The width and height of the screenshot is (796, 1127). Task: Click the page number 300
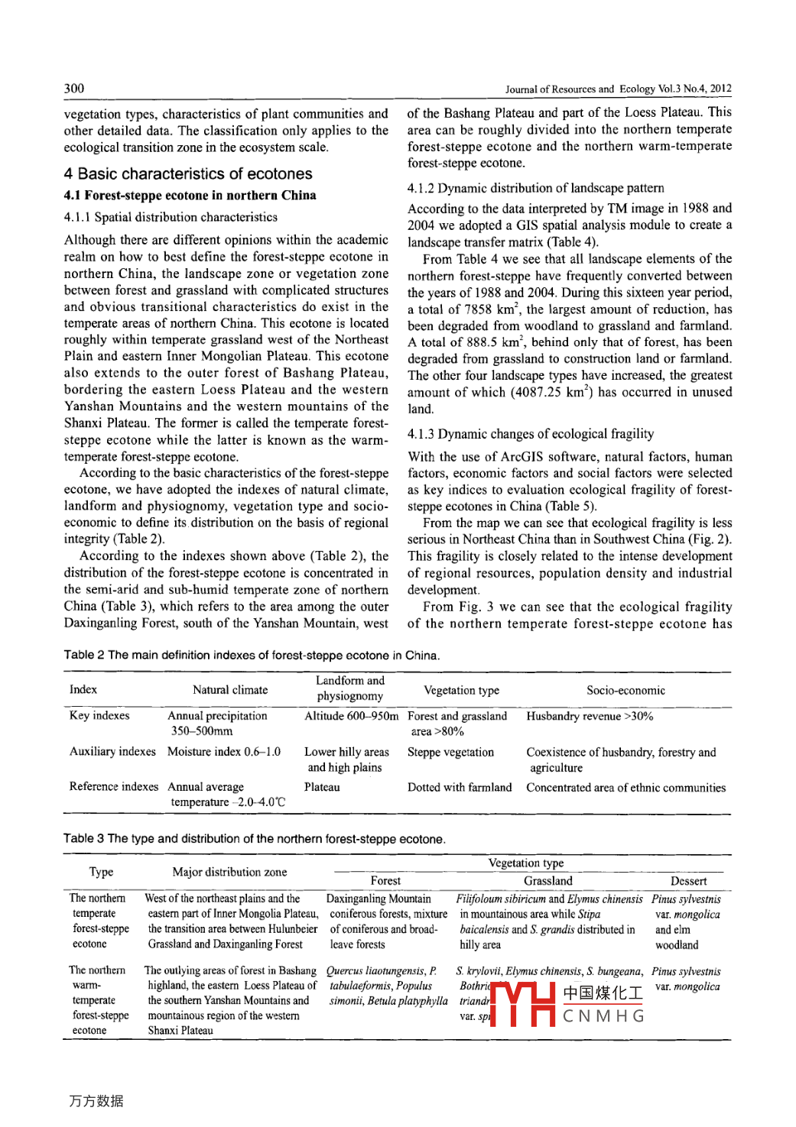(x=74, y=88)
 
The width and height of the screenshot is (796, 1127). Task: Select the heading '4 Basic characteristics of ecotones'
(x=188, y=174)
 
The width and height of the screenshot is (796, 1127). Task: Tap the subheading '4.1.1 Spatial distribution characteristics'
(x=171, y=218)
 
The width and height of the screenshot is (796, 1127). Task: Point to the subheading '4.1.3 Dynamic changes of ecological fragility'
(x=531, y=434)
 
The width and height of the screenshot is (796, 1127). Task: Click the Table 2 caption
(x=252, y=656)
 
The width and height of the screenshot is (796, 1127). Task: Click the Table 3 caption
(x=254, y=839)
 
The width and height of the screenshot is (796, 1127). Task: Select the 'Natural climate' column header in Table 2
(x=230, y=690)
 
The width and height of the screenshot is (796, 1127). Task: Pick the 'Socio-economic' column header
(x=625, y=690)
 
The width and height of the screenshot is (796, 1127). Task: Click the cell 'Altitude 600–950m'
(x=351, y=716)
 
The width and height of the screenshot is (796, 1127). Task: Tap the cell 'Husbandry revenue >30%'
(x=590, y=716)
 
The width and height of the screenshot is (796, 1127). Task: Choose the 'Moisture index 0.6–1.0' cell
(x=224, y=752)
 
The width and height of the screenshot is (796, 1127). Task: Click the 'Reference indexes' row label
(x=114, y=787)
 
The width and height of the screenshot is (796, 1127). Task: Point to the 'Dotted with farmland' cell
(x=460, y=788)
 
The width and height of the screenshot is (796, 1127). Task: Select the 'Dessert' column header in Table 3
(x=688, y=881)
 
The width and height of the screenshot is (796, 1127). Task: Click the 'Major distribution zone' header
(x=229, y=872)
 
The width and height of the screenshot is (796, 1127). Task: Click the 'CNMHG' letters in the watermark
(x=603, y=1016)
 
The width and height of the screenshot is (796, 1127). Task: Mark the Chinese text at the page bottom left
(x=96, y=1101)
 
